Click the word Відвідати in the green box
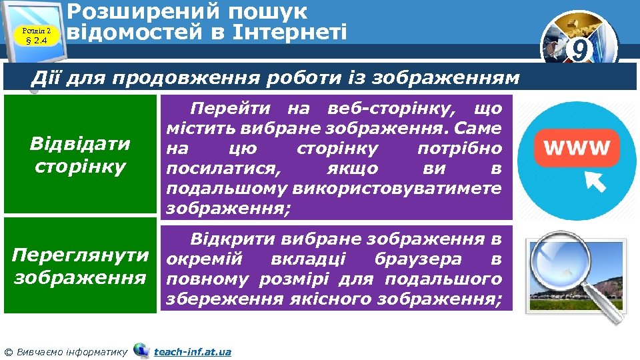[80, 143]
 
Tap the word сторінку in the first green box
[80, 165]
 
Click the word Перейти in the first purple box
[231, 107]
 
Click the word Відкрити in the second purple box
[231, 239]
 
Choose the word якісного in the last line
[331, 299]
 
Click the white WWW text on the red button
[577, 148]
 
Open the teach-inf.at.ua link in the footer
[192, 351]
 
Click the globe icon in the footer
[141, 349]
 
